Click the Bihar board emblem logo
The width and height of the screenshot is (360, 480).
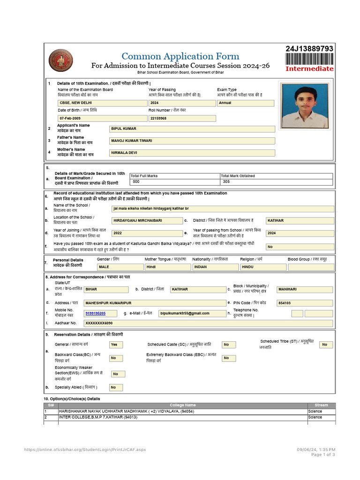(x=61, y=60)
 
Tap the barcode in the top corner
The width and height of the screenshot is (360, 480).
(x=309, y=59)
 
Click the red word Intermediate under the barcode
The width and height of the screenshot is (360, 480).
(x=309, y=68)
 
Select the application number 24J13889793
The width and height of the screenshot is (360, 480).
(x=309, y=49)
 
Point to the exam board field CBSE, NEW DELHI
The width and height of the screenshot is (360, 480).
(x=102, y=103)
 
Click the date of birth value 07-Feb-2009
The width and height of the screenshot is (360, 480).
(x=102, y=119)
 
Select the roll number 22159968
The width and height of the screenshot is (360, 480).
(x=182, y=119)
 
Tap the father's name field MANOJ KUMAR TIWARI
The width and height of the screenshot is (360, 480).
(x=192, y=141)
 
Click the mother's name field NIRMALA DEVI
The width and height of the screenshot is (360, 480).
(x=192, y=153)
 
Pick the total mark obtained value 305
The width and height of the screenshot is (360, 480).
(x=277, y=181)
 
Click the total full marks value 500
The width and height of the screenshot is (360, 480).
(x=175, y=181)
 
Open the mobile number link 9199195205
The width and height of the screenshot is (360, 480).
(x=96, y=313)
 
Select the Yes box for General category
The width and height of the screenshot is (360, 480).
(x=116, y=345)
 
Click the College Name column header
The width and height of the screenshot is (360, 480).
(x=183, y=405)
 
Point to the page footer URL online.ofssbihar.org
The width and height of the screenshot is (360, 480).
(x=85, y=450)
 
